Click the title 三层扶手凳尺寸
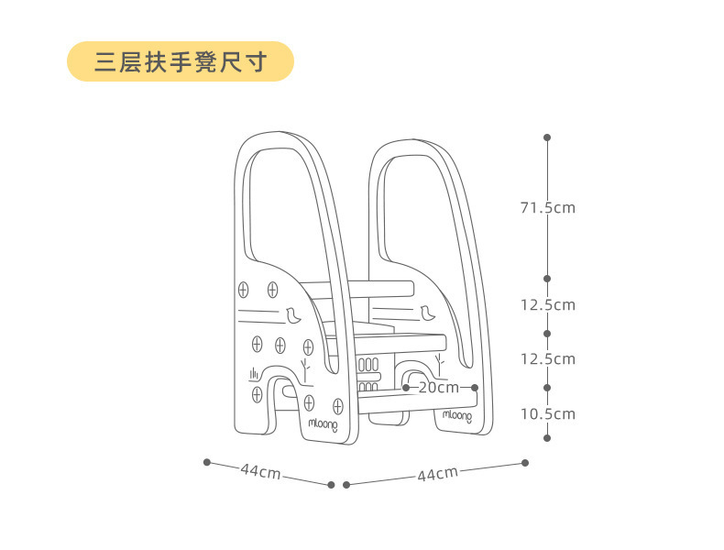[181, 61]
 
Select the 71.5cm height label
[547, 208]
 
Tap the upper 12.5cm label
[547, 305]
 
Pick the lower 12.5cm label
[547, 359]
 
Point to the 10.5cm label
[547, 414]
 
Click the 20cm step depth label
[439, 388]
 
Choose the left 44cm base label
[260, 471]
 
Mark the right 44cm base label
[437, 474]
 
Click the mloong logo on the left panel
[323, 424]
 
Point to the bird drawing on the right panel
[427, 312]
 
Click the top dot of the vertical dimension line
[547, 137]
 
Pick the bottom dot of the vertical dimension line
[547, 438]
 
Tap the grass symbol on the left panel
[254, 373]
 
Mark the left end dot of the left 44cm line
[207, 461]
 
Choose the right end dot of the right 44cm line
[525, 462]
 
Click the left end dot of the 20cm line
[406, 388]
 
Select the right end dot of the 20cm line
[475, 388]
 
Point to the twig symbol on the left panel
[306, 367]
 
